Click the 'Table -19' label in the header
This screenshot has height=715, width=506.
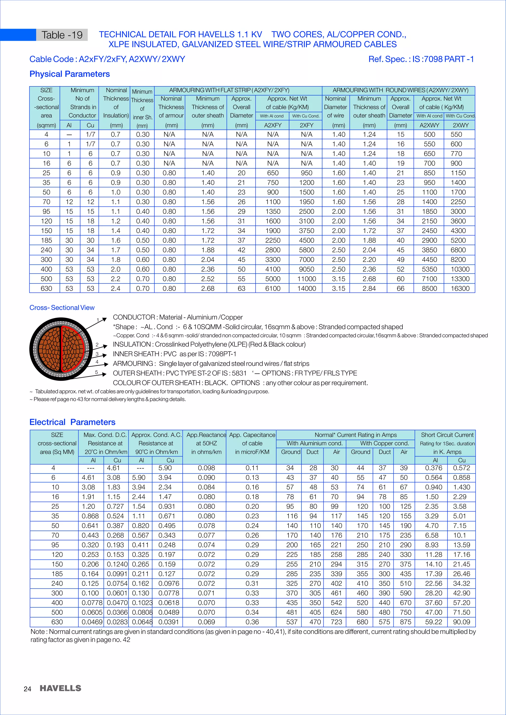point(62,35)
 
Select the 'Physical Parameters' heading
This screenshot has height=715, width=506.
point(69,74)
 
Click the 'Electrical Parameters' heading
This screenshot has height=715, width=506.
point(72,422)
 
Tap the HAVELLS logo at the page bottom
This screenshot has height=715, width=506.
point(61,688)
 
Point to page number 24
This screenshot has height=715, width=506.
point(27,689)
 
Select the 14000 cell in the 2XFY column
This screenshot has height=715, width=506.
point(306,288)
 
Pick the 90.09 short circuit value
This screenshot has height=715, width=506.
point(462,622)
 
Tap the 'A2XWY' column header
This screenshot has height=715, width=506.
point(429,125)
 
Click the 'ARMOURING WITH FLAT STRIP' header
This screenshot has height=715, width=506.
point(229,90)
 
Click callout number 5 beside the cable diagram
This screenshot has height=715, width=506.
point(97,372)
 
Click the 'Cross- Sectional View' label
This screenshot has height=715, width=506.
point(62,308)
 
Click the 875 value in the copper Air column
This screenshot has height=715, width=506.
point(405,622)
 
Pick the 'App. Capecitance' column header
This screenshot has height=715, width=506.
point(252,435)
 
